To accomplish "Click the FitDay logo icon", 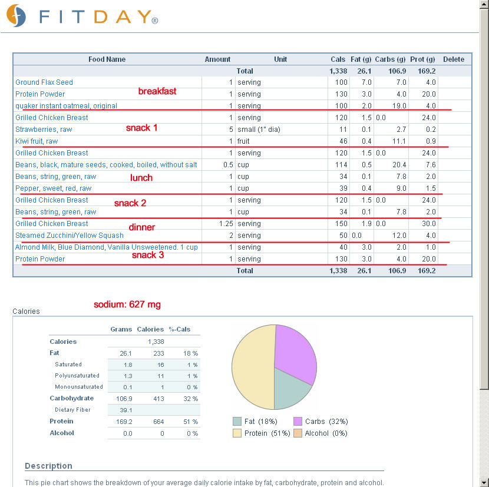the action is (16, 15).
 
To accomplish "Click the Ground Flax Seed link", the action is (44, 82).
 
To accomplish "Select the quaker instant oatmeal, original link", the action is (66, 106).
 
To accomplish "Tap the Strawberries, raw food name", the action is (44, 130).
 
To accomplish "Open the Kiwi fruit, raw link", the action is (37, 141).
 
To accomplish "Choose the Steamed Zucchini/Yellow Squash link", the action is (70, 236).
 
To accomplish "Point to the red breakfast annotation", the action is (157, 91).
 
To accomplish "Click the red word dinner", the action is (142, 227).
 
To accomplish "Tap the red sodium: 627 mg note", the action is (127, 304).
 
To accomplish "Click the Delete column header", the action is (454, 59).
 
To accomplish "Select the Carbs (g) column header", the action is (390, 59).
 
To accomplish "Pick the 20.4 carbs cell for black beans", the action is (399, 165).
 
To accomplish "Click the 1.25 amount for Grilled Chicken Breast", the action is (226, 224).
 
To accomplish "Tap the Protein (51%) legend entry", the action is (262, 433).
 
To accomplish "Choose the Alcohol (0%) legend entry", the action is (321, 433).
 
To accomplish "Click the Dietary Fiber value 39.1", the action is (125, 410).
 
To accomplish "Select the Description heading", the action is (49, 466).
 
